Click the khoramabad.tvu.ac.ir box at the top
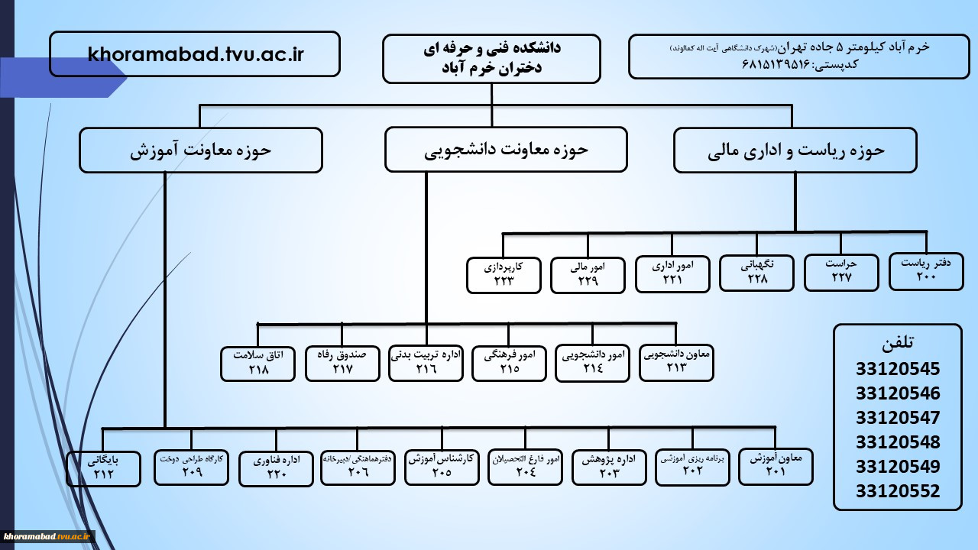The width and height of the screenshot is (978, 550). [x=195, y=54]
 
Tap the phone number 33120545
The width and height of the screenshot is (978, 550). [x=898, y=369]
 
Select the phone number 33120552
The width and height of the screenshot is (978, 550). [x=898, y=491]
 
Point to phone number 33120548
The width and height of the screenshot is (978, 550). [x=898, y=442]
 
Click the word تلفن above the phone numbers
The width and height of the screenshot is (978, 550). [x=898, y=343]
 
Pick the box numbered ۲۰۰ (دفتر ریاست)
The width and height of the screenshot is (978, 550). [x=926, y=271]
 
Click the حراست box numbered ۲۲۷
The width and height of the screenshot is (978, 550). [x=841, y=273]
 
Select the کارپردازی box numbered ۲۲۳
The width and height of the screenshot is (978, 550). [x=504, y=275]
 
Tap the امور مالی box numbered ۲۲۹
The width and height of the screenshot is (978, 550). [x=588, y=275]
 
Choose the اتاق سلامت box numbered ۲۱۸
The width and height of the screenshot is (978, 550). [x=257, y=364]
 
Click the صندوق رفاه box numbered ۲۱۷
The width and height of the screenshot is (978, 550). [x=342, y=364]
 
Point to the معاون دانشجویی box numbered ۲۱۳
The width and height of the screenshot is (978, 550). [x=676, y=363]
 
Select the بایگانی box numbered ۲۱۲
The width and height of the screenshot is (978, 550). [x=103, y=469]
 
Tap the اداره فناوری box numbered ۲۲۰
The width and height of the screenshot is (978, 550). [x=276, y=469]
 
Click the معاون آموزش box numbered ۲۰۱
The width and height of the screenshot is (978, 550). [x=776, y=467]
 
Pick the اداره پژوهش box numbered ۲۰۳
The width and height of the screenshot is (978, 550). [x=609, y=467]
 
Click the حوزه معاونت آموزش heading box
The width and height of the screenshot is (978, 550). [x=201, y=150]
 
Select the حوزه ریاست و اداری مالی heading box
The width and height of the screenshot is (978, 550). [x=795, y=150]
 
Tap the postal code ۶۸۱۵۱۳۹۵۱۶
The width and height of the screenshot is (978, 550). [x=776, y=65]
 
